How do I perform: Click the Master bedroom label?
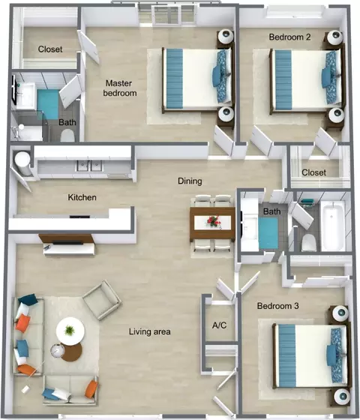pyautogui.click(x=120, y=88)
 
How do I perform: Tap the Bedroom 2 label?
pyautogui.click(x=289, y=37)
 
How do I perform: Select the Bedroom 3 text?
pyautogui.click(x=277, y=306)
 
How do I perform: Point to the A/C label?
pyautogui.click(x=219, y=325)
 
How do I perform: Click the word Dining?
pyautogui.click(x=190, y=181)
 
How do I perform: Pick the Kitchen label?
pyautogui.click(x=82, y=197)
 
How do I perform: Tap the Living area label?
pyautogui.click(x=150, y=331)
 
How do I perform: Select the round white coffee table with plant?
pyautogui.click(x=70, y=331)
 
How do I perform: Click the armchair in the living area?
pyautogui.click(x=102, y=300)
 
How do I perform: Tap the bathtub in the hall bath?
pyautogui.click(x=333, y=226)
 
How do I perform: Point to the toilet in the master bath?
pyautogui.click(x=67, y=136)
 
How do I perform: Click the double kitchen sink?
pyautogui.click(x=89, y=166)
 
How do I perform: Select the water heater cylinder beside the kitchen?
pyautogui.click(x=22, y=163)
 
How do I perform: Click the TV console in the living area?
pyautogui.click(x=68, y=245)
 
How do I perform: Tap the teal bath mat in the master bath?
pyautogui.click(x=48, y=104)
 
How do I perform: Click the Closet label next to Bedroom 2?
pyautogui.click(x=314, y=172)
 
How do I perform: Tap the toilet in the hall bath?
pyautogui.click(x=308, y=242)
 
